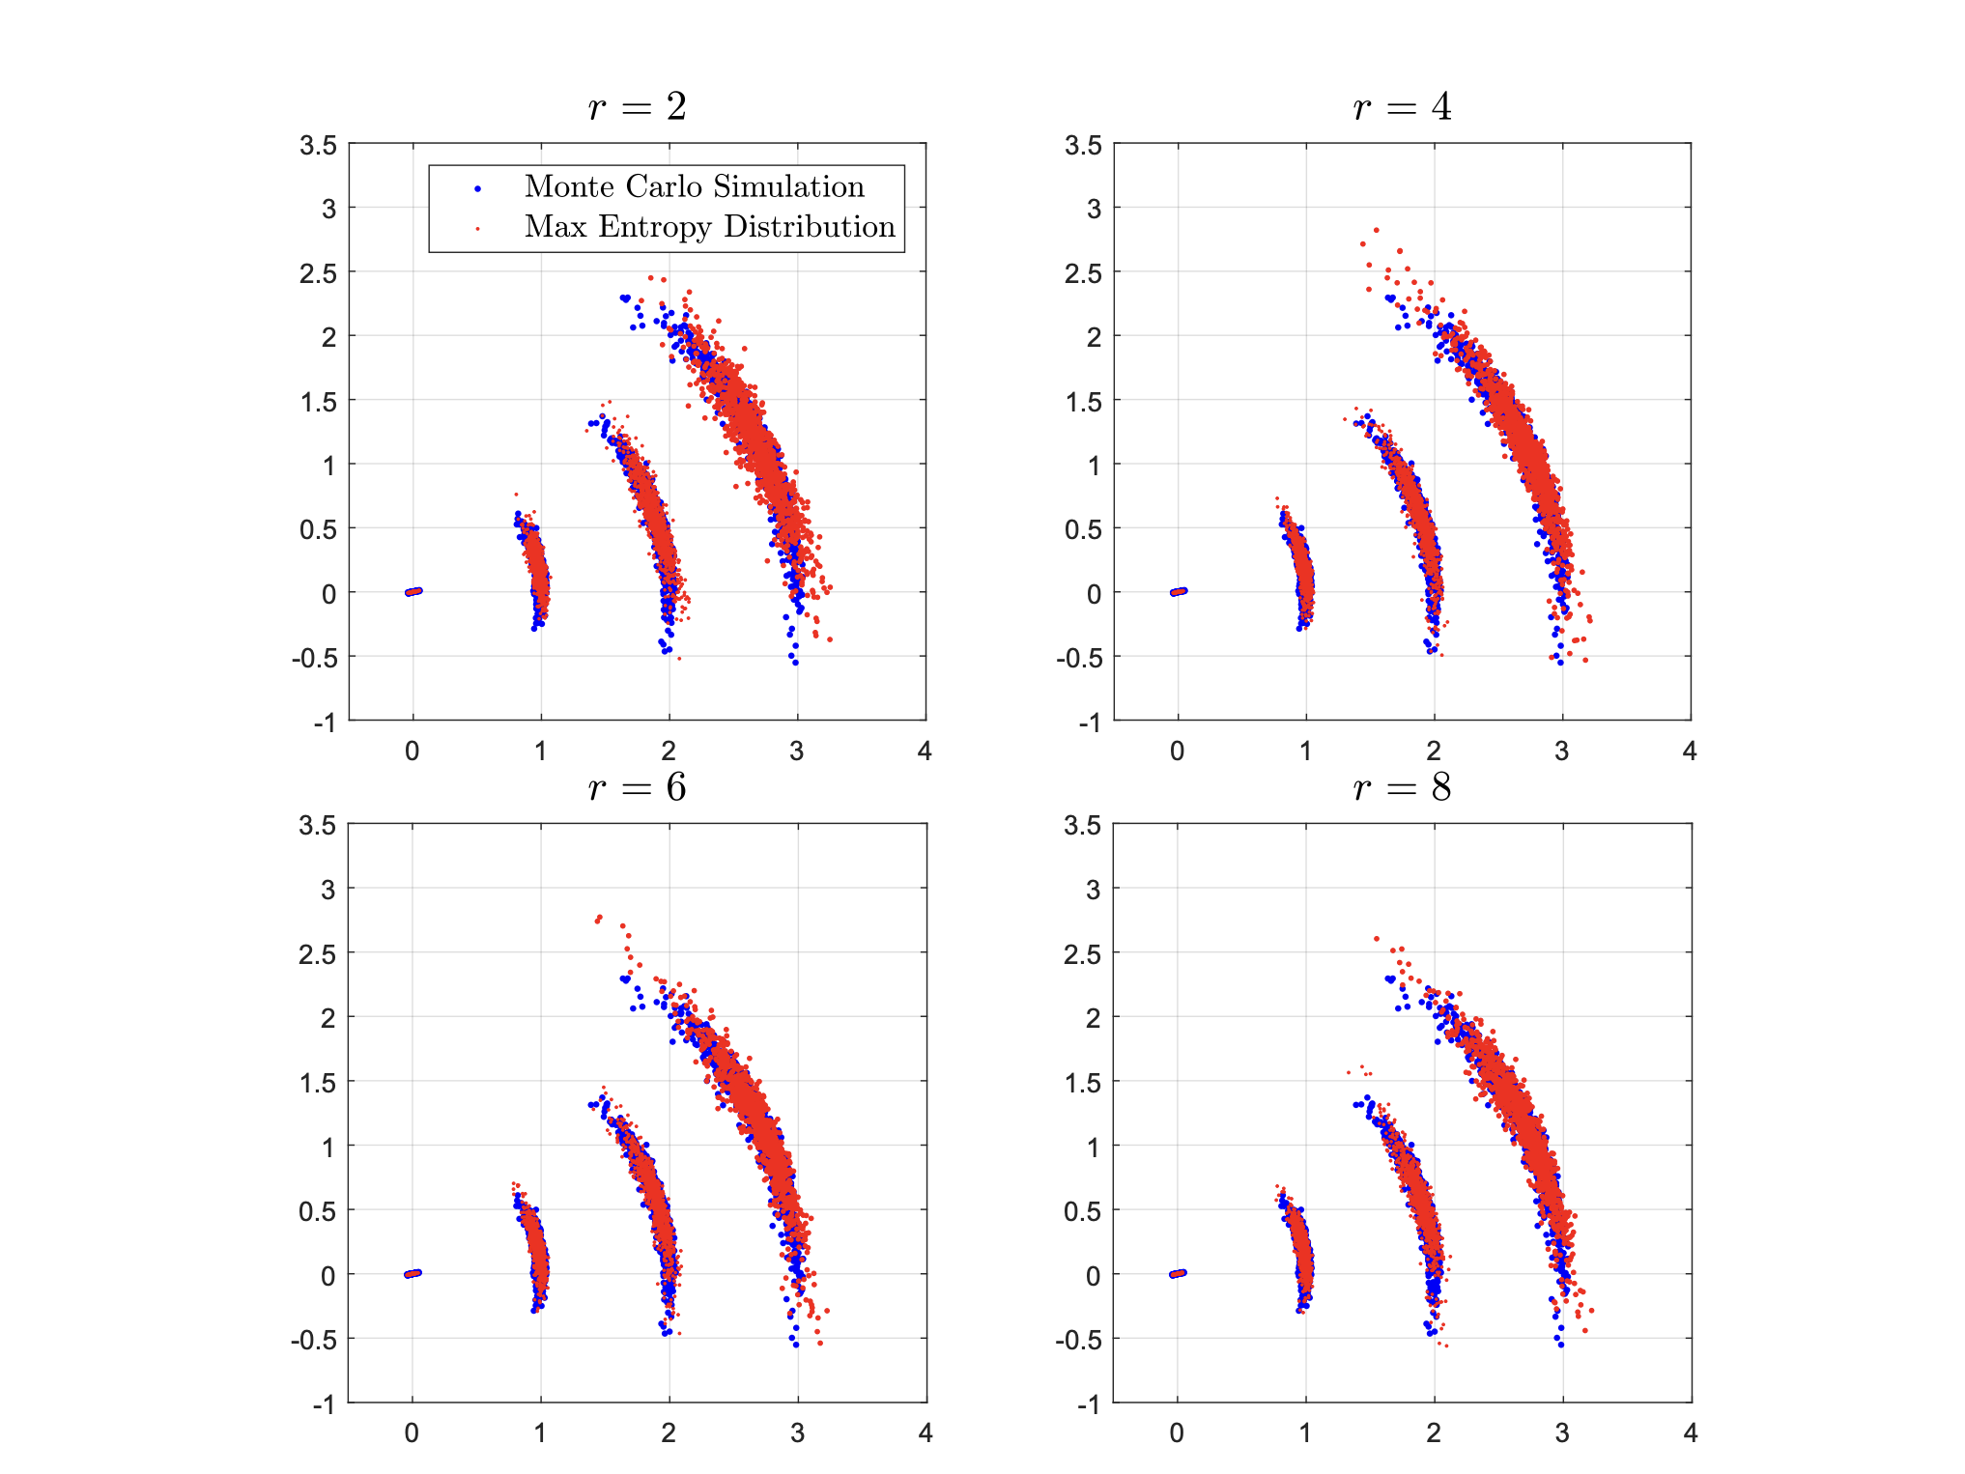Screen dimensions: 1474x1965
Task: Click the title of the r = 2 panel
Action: [x=637, y=106]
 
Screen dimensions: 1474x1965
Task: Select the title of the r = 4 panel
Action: [x=1402, y=106]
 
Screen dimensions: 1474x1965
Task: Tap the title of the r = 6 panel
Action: [x=637, y=787]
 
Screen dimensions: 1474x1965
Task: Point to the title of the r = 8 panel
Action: [x=1402, y=787]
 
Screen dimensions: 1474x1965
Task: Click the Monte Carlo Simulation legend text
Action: [x=694, y=186]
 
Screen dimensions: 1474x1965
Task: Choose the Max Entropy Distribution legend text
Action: [x=709, y=226]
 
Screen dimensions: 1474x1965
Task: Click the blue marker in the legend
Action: [x=477, y=188]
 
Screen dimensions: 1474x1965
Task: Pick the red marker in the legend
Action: [x=477, y=229]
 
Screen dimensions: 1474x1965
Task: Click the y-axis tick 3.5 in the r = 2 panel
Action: [x=318, y=146]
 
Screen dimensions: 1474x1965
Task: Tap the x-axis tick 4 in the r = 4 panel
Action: [x=1689, y=751]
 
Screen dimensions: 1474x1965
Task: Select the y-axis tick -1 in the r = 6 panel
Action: [x=324, y=1403]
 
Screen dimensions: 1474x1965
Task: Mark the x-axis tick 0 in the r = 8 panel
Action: [x=1177, y=1432]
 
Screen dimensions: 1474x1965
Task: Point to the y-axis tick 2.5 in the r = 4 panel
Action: [x=1083, y=273]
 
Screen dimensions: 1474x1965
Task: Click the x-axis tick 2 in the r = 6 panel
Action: [x=669, y=1432]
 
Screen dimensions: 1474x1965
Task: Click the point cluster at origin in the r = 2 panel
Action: [x=413, y=591]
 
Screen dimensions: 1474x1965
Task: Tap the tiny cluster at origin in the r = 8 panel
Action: [x=1178, y=1273]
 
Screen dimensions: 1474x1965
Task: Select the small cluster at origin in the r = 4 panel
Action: [x=1179, y=591]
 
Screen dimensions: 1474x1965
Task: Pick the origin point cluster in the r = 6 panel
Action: [x=413, y=1273]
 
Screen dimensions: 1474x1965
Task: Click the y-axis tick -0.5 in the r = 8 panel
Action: [x=1077, y=1340]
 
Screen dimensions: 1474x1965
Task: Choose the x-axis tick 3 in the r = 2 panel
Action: [x=797, y=751]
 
